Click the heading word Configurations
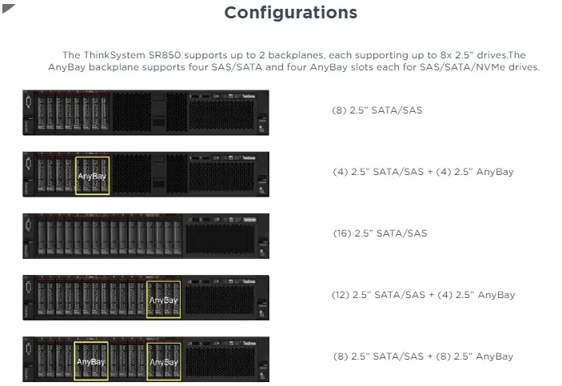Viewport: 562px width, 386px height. pyautogui.click(x=290, y=13)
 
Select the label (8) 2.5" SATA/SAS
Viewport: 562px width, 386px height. pyautogui.click(x=377, y=109)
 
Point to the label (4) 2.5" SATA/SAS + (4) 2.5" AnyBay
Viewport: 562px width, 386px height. pyautogui.click(x=422, y=172)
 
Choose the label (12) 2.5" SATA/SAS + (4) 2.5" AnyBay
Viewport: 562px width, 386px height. pyautogui.click(x=423, y=295)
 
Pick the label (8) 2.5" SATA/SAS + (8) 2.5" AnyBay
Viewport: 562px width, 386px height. pyautogui.click(x=423, y=356)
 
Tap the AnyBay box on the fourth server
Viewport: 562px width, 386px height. pyautogui.click(x=164, y=299)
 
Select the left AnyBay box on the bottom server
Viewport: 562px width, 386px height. pyautogui.click(x=91, y=360)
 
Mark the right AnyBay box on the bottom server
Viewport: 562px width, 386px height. pyautogui.click(x=164, y=360)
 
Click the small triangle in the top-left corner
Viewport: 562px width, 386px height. pyautogui.click(x=9, y=7)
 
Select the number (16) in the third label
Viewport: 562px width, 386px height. pyautogui.click(x=341, y=233)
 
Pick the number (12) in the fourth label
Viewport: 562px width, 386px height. pyautogui.click(x=340, y=295)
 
